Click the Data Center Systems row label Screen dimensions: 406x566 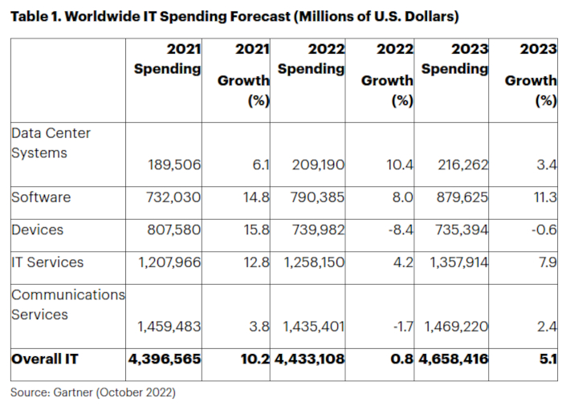pyautogui.click(x=51, y=142)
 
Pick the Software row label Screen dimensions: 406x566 pyautogui.click(x=41, y=197)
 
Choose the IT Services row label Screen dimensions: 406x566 pyautogui.click(x=47, y=262)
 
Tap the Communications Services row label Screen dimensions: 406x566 pyautogui.click(x=68, y=305)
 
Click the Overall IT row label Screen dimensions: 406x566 pyautogui.click(x=46, y=359)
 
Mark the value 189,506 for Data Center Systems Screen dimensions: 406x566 pyautogui.click(x=174, y=165)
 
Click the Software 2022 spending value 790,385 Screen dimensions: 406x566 pyautogui.click(x=316, y=197)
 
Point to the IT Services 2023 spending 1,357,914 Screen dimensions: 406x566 pyautogui.click(x=454, y=263)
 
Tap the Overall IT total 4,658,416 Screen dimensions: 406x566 pyautogui.click(x=452, y=359)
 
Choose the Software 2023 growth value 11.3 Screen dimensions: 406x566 pyautogui.click(x=544, y=197)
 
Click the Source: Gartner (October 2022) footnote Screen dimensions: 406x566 pyautogui.click(x=92, y=392)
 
